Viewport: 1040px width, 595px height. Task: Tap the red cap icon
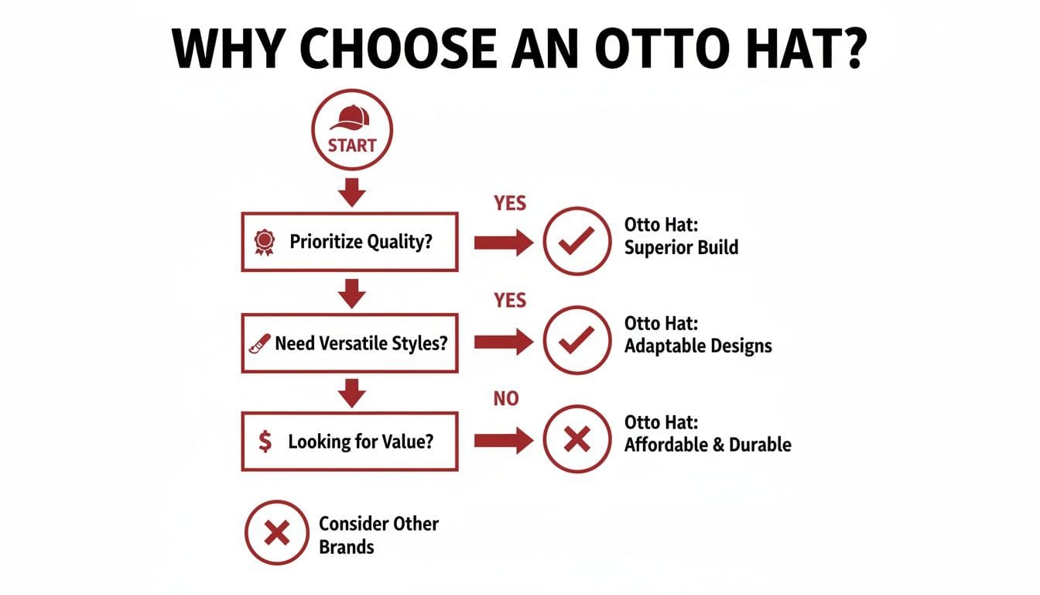[x=351, y=119]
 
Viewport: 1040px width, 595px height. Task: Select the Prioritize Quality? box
[x=349, y=241]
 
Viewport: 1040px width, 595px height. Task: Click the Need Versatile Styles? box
[x=349, y=342]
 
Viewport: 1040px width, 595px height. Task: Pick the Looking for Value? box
[x=349, y=442]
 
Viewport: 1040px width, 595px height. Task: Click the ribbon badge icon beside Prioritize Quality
[x=265, y=242]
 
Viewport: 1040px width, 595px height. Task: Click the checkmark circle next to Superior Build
[x=576, y=241]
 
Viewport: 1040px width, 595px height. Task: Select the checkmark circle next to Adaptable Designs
[x=576, y=340]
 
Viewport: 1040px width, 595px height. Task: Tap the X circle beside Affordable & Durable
[x=576, y=440]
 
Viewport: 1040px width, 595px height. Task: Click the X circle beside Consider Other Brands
[x=277, y=533]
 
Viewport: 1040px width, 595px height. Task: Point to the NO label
[x=506, y=400]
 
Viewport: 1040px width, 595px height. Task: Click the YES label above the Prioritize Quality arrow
[x=509, y=203]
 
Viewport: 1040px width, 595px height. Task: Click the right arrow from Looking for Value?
[x=503, y=441]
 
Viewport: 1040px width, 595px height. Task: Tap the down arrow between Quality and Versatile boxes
[x=352, y=292]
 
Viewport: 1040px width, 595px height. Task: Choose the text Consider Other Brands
[x=378, y=535]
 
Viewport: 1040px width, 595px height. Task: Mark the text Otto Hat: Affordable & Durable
[x=707, y=434]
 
